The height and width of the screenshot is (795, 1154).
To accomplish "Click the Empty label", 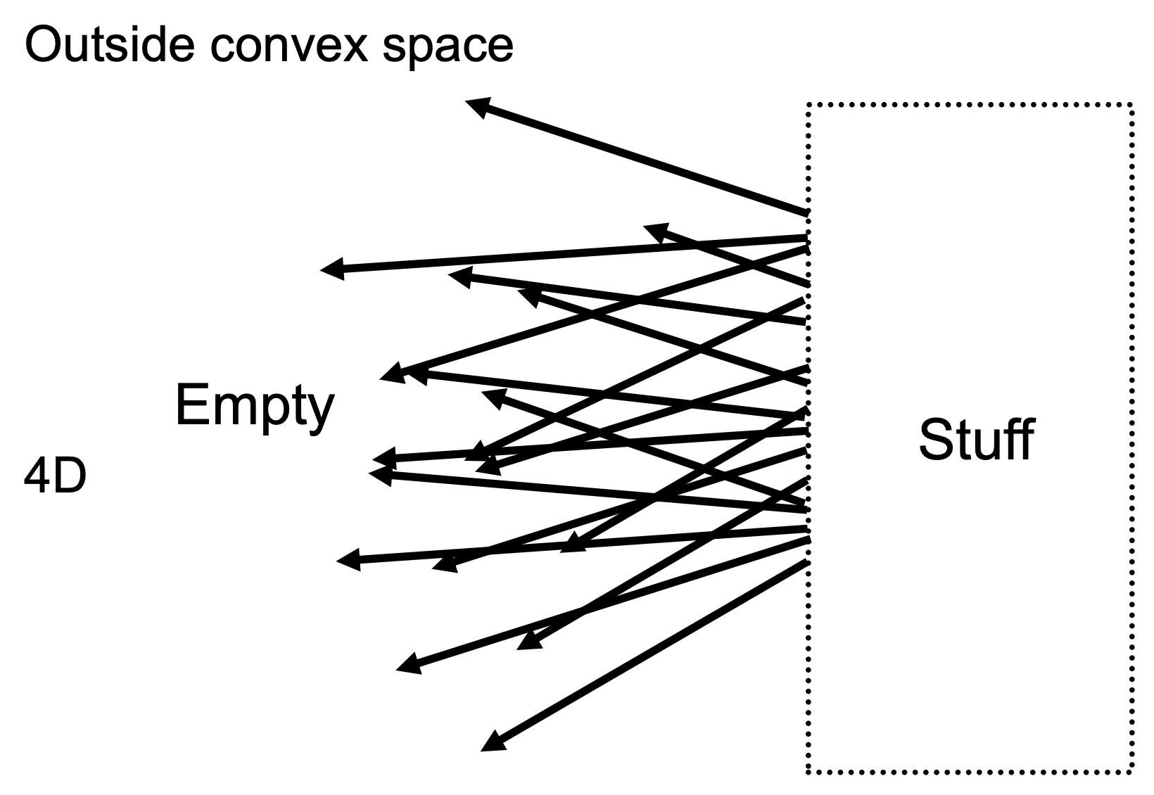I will [x=254, y=407].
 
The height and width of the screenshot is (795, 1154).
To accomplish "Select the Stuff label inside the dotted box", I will [x=976, y=440].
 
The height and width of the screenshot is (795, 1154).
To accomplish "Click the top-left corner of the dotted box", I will [x=809, y=106].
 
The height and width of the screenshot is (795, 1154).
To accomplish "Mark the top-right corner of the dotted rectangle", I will [x=1131, y=106].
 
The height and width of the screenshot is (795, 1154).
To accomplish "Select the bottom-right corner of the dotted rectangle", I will [x=1131, y=772].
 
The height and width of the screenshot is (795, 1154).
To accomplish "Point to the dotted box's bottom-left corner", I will [x=809, y=772].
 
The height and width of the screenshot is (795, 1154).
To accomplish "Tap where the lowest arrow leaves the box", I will [x=806, y=562].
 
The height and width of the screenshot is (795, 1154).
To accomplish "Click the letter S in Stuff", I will [x=937, y=440].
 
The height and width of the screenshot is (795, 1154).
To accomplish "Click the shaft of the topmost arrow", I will [x=640, y=160].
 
